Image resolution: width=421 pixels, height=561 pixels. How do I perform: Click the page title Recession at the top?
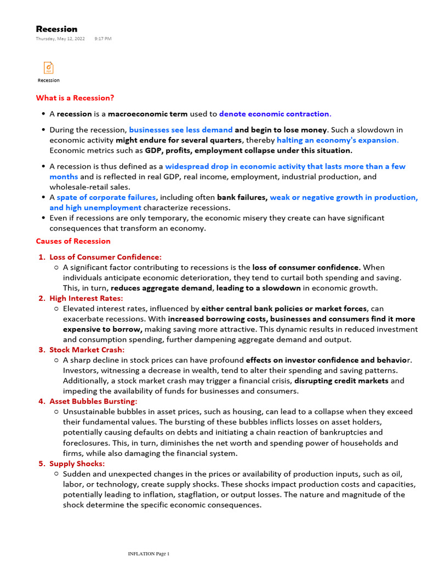pos(56,29)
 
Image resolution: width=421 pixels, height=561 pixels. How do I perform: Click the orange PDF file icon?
pos(49,68)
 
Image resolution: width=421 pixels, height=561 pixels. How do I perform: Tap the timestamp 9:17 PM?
pos(103,39)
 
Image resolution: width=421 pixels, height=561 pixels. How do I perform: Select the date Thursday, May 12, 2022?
pos(60,39)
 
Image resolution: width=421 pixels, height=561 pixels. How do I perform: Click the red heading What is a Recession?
pos(75,98)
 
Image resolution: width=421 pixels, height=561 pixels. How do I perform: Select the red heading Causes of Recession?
pos(73,241)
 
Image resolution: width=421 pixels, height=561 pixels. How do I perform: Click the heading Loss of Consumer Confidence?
pos(105,257)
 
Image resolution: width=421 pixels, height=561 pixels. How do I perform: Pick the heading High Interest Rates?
pos(86,298)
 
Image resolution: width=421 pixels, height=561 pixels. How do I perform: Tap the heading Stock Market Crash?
pos(87,350)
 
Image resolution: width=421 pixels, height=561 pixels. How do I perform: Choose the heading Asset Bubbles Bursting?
pos(93,401)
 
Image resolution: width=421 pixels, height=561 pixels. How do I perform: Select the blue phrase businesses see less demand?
pos(180,130)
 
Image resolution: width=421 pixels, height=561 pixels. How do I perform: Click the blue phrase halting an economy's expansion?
pos(337,140)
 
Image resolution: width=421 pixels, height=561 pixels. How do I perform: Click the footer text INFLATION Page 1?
pos(149,554)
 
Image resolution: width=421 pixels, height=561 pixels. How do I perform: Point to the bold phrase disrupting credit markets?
pos(342,381)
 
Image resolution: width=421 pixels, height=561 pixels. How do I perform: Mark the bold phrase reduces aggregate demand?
pos(161,288)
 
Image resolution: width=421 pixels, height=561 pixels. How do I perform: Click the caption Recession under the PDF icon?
pos(49,81)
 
